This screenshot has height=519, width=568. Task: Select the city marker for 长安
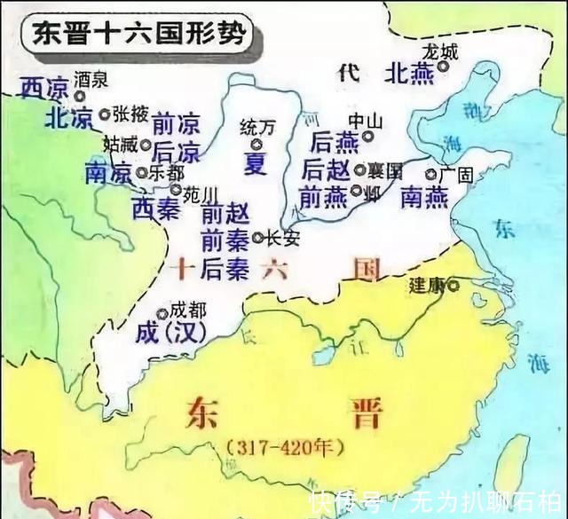pos(257,238)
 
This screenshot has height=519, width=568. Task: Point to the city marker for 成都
pos(162,313)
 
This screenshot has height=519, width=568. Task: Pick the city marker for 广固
pos(430,176)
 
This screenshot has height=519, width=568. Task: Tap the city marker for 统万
pos(256,144)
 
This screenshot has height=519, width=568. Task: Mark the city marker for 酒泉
pos(81,94)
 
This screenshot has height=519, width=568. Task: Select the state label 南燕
pos(423,198)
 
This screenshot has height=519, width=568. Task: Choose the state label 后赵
pos(327,169)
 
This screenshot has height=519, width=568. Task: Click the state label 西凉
pos(43,87)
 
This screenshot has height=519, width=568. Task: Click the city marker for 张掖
pos(105,114)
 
